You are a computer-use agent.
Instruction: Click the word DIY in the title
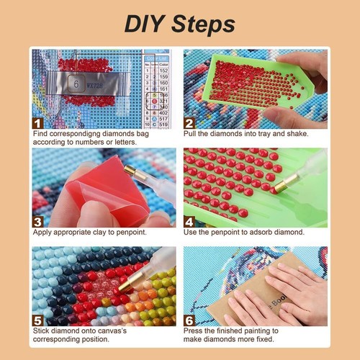[147, 23]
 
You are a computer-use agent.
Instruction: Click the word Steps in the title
[204, 24]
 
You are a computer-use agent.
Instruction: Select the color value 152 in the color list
[163, 71]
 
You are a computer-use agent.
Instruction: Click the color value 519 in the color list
[163, 124]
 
